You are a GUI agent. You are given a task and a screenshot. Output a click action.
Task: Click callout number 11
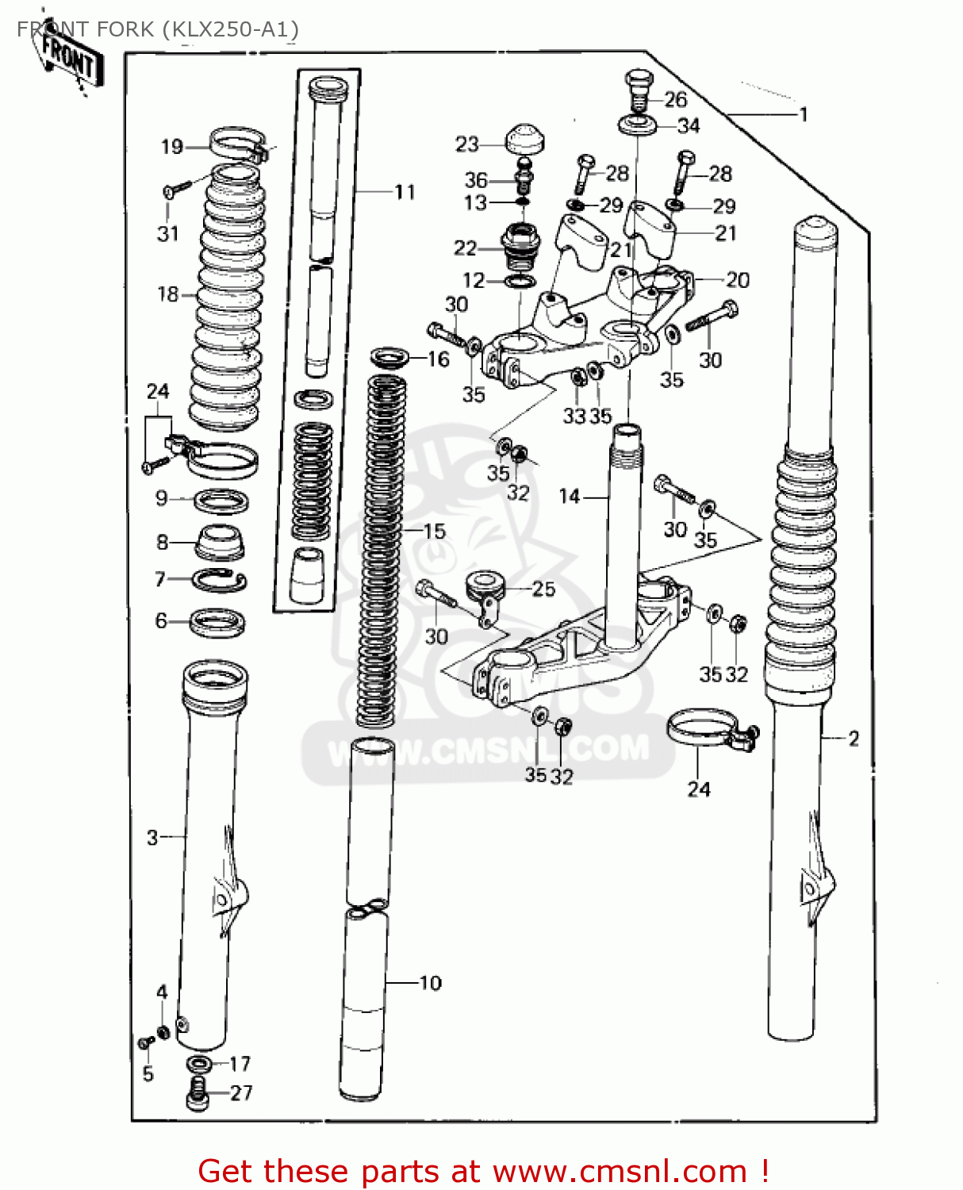click(x=405, y=192)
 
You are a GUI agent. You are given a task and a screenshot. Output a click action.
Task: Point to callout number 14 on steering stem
click(x=570, y=497)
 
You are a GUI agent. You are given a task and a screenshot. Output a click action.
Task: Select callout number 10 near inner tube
click(x=429, y=983)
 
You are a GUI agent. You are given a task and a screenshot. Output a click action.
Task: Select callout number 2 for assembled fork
click(x=854, y=739)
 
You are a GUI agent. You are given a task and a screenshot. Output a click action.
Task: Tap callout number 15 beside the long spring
click(x=434, y=531)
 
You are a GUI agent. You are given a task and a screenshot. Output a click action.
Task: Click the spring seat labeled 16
click(x=389, y=357)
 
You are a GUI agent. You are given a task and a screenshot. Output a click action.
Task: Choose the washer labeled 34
click(x=637, y=125)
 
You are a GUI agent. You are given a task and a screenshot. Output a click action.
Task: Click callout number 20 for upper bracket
click(x=737, y=280)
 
